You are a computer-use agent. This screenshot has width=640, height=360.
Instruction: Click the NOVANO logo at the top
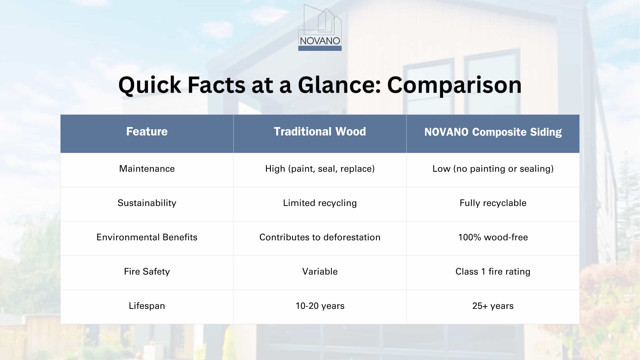click(x=320, y=28)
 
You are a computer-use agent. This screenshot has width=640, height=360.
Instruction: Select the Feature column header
click(x=147, y=131)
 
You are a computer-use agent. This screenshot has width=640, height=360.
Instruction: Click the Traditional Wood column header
click(x=320, y=131)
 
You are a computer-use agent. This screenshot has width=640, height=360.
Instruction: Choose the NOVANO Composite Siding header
click(x=493, y=132)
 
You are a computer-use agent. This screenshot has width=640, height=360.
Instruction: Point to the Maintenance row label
click(x=147, y=169)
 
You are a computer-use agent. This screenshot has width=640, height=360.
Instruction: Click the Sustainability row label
click(x=147, y=203)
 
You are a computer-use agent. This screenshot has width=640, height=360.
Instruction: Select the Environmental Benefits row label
click(x=147, y=237)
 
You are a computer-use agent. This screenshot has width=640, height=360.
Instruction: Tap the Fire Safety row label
click(x=147, y=271)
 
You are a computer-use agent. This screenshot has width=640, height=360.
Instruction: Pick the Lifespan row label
click(x=147, y=306)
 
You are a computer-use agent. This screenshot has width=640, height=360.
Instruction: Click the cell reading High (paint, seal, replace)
click(x=320, y=169)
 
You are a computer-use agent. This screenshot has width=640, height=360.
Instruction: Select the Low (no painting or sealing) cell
click(x=493, y=169)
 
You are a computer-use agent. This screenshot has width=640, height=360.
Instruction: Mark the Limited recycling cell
click(x=320, y=203)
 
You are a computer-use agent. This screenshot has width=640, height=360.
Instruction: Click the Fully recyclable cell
click(x=493, y=203)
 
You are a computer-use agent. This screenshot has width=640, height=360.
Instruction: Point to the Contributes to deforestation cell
click(x=320, y=237)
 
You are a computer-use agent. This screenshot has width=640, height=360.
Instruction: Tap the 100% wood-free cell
click(x=493, y=237)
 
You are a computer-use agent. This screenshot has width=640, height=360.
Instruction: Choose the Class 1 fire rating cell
click(x=493, y=271)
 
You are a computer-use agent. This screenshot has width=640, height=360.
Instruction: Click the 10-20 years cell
click(x=320, y=306)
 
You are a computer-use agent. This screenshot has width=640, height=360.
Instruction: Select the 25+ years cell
click(x=493, y=306)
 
